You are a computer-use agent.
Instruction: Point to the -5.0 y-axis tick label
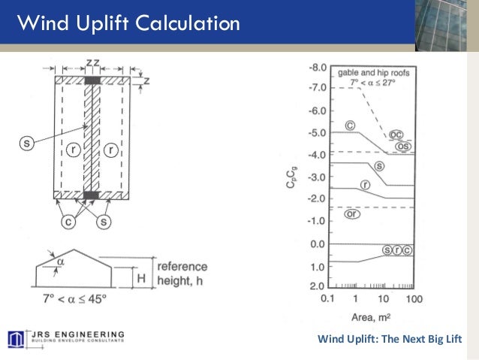tap(317, 133)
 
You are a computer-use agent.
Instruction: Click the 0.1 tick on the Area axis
tap(327, 299)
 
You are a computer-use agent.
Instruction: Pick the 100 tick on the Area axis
tap(414, 299)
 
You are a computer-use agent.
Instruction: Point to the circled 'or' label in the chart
tap(351, 214)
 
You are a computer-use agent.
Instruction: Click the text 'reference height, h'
tap(181, 274)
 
